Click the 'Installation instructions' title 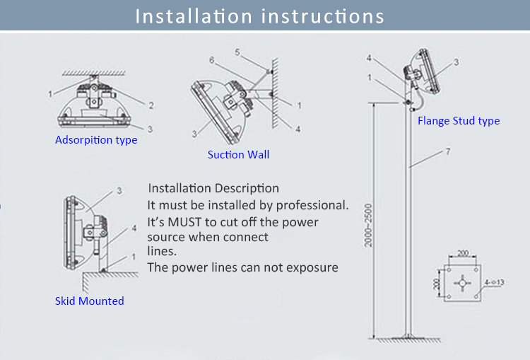(260, 16)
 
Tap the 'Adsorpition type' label (96, 140)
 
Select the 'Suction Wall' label (238, 154)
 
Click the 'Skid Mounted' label (89, 301)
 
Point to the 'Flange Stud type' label (459, 121)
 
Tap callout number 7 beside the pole (448, 152)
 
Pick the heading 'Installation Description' (213, 188)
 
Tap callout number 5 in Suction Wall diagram (237, 52)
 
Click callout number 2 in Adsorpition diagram (151, 105)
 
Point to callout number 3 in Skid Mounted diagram (119, 190)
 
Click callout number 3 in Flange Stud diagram (456, 62)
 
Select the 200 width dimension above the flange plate (462, 252)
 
